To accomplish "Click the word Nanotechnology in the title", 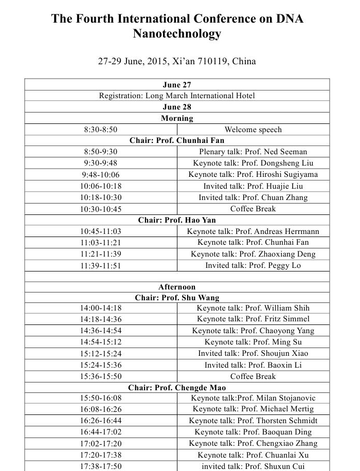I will coord(177,34).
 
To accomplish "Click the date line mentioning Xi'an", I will coord(177,62).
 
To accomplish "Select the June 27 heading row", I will coord(177,85).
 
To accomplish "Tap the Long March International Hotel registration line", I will coord(177,96).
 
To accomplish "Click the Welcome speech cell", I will coord(253,130).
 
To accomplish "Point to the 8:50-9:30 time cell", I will coord(101,152).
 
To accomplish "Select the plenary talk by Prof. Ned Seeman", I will coord(253,152).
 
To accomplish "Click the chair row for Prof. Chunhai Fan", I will coord(177,140).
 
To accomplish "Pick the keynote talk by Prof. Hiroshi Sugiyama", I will coord(253,174).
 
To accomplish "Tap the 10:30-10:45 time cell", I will coord(101,209).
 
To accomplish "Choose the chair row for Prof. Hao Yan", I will coord(177,220).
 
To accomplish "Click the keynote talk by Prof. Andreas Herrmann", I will coord(253,231).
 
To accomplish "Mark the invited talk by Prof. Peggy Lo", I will coord(253,265).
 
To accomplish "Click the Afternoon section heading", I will coord(177,287).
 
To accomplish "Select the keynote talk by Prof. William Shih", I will coord(253,309).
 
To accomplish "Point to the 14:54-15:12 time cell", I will coord(101,342).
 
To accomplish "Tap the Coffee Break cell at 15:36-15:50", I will coord(253,376).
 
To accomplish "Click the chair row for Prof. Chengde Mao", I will coord(177,388).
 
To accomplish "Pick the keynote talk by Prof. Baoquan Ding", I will coord(253,432).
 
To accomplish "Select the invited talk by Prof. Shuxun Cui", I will coord(253,466).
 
